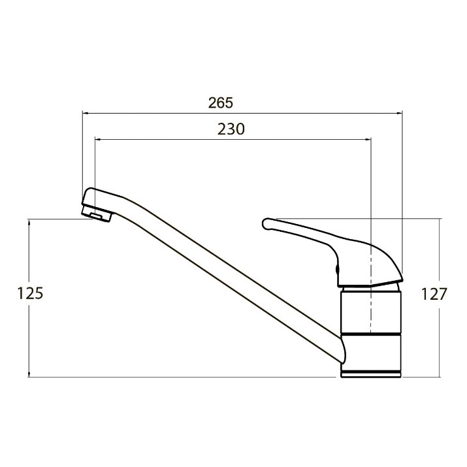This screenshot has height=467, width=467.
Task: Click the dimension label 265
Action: tap(220, 103)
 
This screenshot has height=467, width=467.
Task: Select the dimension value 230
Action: tap(231, 129)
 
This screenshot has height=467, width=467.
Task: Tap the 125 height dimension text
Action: tap(30, 293)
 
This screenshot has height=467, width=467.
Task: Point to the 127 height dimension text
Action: tap(434, 295)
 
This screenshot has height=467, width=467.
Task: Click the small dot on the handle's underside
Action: tap(337, 269)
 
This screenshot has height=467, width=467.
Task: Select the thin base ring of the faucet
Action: tap(371, 374)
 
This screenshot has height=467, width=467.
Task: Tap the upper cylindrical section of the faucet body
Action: tap(371, 312)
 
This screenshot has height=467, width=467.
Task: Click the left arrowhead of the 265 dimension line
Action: tap(86, 113)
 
